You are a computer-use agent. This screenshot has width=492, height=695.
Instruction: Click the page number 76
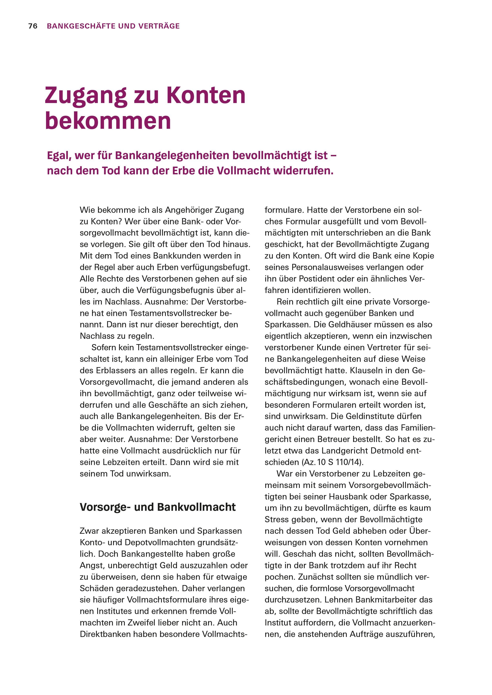(33, 26)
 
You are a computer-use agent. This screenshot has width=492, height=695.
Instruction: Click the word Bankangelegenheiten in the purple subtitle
(172, 156)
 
